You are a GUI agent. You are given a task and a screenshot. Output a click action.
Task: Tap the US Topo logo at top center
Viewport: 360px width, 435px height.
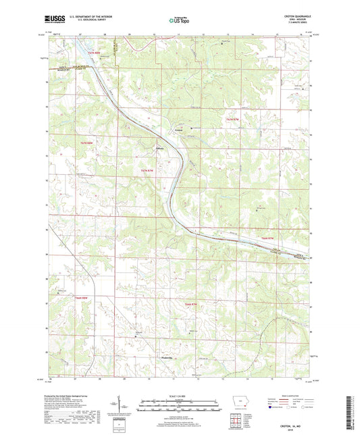(x=177, y=21)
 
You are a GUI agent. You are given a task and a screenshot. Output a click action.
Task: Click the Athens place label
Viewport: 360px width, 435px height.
(x=160, y=150)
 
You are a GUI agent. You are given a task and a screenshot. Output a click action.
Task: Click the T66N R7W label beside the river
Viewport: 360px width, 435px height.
(x=268, y=238)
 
